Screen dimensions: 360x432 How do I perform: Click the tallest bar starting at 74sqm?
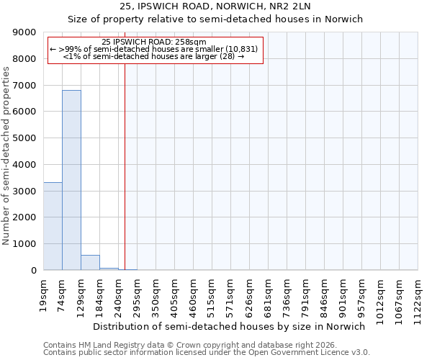(71, 180)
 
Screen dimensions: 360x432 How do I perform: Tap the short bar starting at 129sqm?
(90, 263)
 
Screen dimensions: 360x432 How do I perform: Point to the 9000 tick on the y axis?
(26, 32)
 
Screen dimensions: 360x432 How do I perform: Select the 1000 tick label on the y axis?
(26, 244)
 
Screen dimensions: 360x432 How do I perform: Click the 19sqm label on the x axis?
(44, 294)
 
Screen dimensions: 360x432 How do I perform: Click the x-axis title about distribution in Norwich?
(230, 326)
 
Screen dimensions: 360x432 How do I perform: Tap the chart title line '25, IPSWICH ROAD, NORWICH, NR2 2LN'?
(215, 6)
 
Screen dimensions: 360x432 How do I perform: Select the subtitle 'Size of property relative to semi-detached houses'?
(215, 19)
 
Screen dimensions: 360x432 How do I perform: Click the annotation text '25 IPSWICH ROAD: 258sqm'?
(154, 42)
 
